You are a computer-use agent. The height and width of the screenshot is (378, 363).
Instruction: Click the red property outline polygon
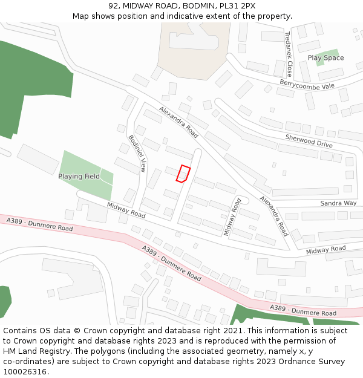click(x=183, y=173)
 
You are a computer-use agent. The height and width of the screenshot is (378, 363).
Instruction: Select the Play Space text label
click(x=325, y=58)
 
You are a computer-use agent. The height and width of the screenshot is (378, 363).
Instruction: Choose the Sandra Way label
click(x=338, y=203)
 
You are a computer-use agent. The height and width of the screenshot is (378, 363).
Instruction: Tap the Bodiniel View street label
click(x=137, y=153)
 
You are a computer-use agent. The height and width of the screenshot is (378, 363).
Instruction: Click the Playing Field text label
click(x=79, y=177)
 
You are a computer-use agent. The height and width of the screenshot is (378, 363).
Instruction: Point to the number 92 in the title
click(x=114, y=6)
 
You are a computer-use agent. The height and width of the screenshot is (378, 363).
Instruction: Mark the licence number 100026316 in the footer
click(x=25, y=371)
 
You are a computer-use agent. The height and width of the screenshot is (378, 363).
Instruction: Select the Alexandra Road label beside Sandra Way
click(x=274, y=215)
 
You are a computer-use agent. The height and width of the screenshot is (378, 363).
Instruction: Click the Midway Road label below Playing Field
click(x=126, y=210)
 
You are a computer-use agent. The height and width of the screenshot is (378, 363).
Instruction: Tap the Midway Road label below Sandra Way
click(x=325, y=249)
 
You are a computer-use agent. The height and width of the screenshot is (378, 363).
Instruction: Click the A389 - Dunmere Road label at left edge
click(x=39, y=225)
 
